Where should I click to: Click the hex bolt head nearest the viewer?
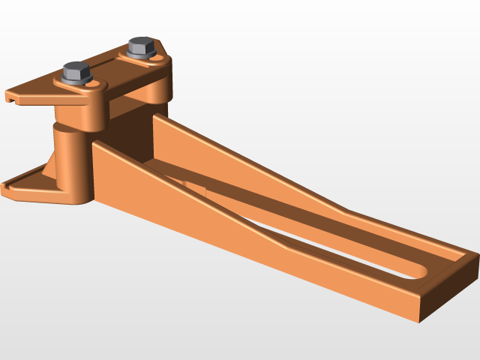(x=76, y=72)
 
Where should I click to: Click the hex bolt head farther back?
(x=141, y=46)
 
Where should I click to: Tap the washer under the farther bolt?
(x=142, y=55)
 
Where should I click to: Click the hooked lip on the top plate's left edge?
(x=13, y=97)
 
